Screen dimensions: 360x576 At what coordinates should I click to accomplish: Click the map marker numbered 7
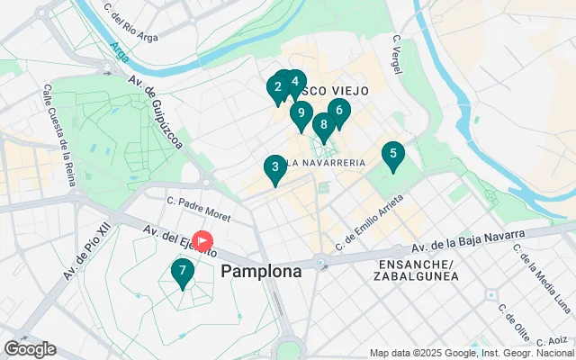point(183,271)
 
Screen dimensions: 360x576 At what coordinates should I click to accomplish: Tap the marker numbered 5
point(392,155)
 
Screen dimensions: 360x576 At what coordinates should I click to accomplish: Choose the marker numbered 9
point(301,114)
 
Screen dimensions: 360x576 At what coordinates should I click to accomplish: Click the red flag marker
point(203,241)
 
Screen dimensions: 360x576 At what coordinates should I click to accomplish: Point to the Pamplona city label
point(261,271)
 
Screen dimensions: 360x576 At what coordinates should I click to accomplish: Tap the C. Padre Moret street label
point(199,209)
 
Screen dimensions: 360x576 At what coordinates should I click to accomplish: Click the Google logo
point(30,349)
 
